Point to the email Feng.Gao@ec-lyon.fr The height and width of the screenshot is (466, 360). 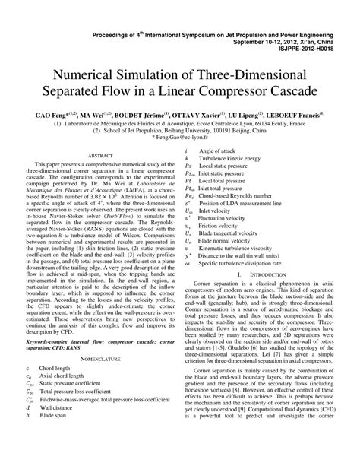[x=180, y=138]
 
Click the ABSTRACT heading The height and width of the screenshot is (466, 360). [x=100, y=156]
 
